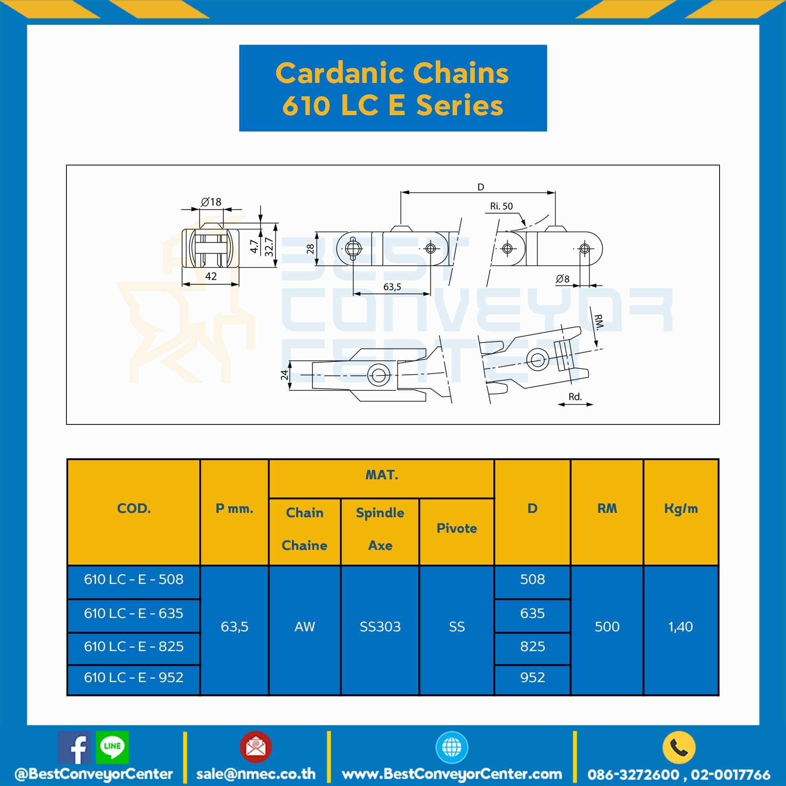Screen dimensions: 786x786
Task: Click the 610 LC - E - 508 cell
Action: (x=134, y=579)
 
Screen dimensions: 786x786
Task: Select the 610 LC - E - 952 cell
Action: (x=134, y=678)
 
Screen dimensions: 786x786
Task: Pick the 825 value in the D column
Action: (x=532, y=646)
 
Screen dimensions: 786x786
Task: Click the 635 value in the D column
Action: (x=532, y=613)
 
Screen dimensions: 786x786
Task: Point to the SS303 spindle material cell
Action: (x=380, y=626)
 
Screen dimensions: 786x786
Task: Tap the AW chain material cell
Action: (x=304, y=626)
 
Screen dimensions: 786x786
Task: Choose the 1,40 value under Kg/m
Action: (x=681, y=626)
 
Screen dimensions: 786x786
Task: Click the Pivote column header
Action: (x=456, y=528)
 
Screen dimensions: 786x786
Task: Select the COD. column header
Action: (x=134, y=509)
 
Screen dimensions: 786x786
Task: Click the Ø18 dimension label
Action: (x=211, y=201)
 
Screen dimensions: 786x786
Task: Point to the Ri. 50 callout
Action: (x=501, y=206)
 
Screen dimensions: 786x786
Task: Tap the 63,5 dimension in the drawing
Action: (x=392, y=287)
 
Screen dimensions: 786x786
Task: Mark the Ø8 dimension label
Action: (x=563, y=279)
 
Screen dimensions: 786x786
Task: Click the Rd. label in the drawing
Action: (x=575, y=397)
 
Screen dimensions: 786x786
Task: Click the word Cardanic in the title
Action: (x=340, y=73)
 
